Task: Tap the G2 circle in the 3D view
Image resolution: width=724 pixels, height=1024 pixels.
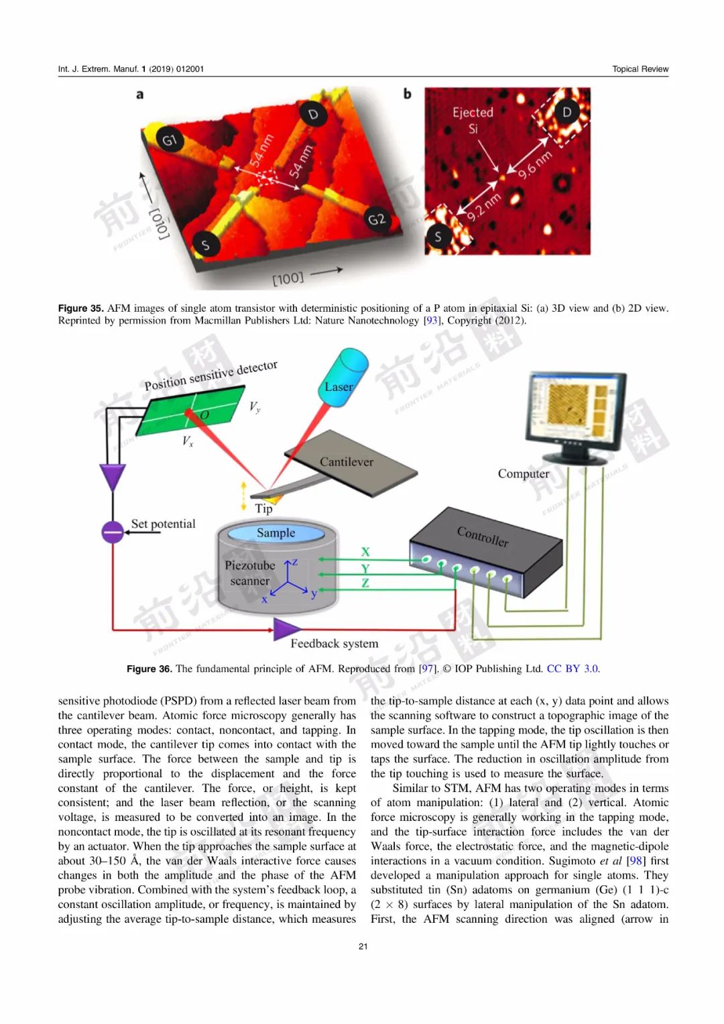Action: click(377, 219)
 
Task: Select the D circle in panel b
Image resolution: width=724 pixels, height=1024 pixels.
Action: click(566, 111)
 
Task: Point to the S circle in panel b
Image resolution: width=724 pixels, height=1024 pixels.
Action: click(438, 236)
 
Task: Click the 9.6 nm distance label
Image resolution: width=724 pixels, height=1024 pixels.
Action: click(535, 164)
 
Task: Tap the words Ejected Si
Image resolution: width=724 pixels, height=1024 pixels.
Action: click(473, 121)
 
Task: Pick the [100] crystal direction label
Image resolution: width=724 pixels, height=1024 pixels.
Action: click(288, 278)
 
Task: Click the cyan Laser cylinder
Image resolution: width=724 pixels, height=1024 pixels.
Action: click(343, 378)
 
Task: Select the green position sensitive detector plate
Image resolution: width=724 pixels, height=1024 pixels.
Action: click(190, 410)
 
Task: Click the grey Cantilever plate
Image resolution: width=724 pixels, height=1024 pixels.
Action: click(351, 463)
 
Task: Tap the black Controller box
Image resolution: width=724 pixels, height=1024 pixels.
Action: click(486, 552)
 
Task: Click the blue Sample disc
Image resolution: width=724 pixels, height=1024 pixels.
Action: click(276, 533)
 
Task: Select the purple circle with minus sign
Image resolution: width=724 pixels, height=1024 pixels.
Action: click(113, 532)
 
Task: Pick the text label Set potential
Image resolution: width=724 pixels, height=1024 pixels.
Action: click(163, 524)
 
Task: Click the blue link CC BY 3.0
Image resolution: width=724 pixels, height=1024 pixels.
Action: click(572, 669)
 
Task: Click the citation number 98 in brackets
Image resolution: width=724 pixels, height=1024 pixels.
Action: click(636, 861)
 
